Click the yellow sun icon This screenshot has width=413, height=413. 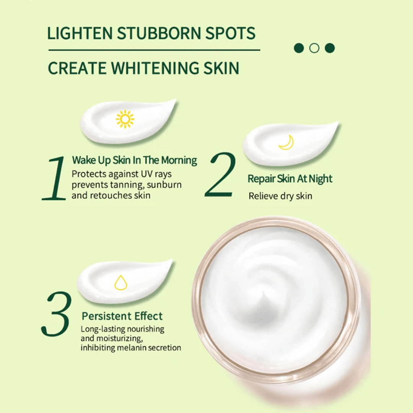click(x=125, y=119)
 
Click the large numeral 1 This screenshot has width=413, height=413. click(x=55, y=178)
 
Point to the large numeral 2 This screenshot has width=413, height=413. click(x=220, y=175)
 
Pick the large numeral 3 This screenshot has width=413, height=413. click(x=56, y=314)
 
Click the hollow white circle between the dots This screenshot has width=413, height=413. click(x=314, y=48)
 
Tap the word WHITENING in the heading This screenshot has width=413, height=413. click(x=155, y=68)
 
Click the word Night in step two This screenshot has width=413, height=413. click(x=320, y=179)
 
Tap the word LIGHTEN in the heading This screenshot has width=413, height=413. click(x=80, y=33)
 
